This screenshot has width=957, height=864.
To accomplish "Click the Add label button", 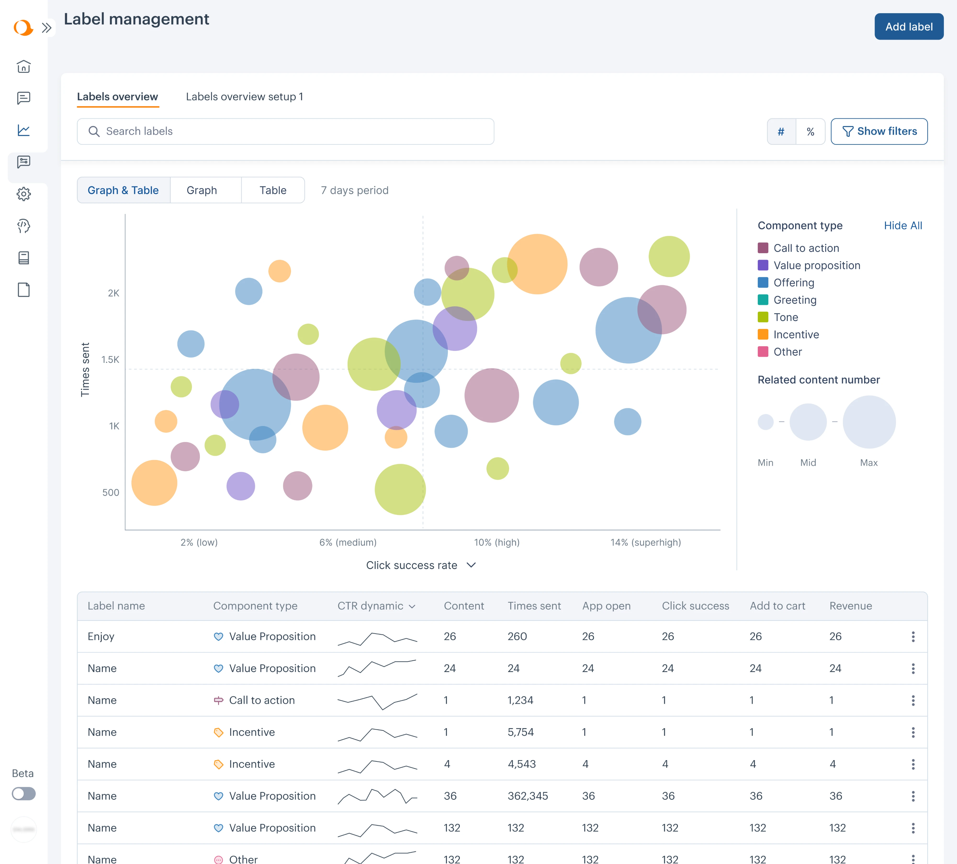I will [x=909, y=27].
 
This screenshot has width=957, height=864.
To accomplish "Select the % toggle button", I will [x=810, y=131].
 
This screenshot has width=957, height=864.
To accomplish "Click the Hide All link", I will [x=902, y=225].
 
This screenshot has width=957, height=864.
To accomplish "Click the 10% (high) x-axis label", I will [x=496, y=542].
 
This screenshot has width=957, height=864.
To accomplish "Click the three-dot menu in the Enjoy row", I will [x=912, y=637].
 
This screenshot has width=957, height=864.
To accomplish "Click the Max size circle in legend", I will [x=869, y=422].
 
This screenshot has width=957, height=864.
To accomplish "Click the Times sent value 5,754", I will [x=520, y=732].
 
